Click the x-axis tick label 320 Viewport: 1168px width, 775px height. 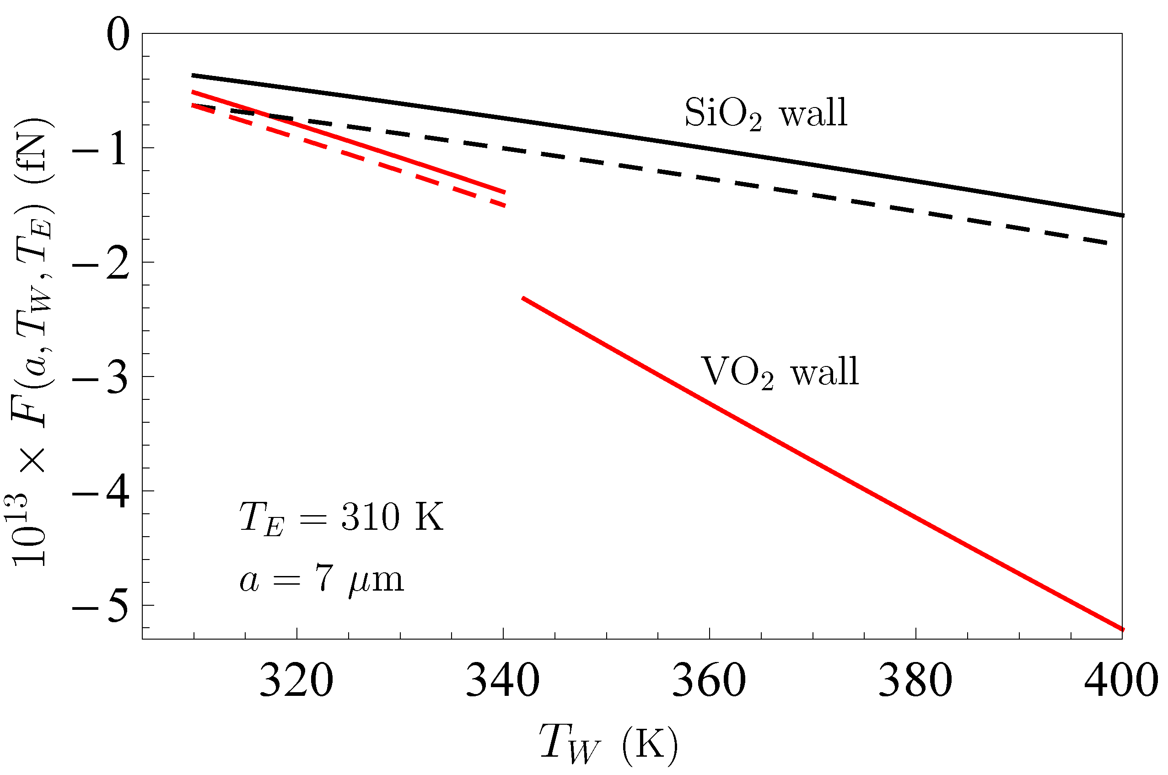(296, 681)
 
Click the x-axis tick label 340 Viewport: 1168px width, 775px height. (503, 681)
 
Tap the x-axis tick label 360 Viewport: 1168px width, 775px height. (709, 681)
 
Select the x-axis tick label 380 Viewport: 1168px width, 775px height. (915, 681)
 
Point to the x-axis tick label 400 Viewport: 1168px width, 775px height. (1120, 681)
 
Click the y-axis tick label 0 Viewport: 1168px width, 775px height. (118, 35)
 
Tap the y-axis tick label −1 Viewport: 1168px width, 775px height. (101, 149)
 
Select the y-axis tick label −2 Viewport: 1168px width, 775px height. (101, 264)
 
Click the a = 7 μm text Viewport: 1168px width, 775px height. (321, 580)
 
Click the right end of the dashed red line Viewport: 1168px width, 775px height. (504, 205)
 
